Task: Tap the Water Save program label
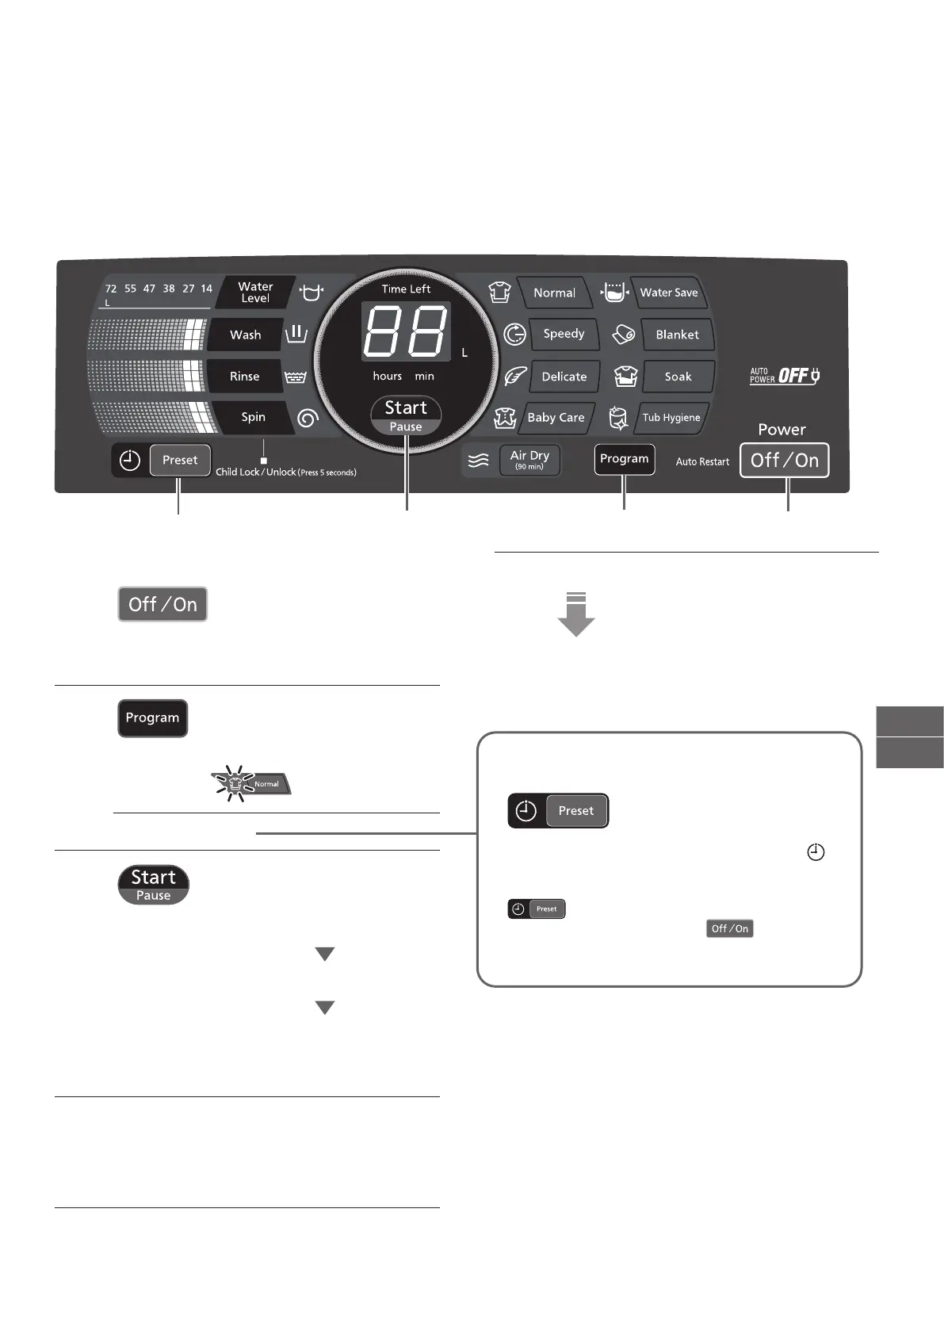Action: coord(669,293)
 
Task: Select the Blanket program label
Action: coord(677,335)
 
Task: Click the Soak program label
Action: coord(678,377)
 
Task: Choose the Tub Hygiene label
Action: coord(671,418)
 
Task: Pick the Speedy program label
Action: coord(564,334)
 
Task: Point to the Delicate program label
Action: coord(564,377)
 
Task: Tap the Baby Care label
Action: coord(556,418)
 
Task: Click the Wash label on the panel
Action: coord(245,335)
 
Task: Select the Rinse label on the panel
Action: coord(244,377)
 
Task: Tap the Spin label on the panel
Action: coord(253,417)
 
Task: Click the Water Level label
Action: coord(255,293)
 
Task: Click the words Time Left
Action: coord(406,289)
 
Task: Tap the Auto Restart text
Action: coord(702,461)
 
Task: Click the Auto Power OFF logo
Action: coord(785,376)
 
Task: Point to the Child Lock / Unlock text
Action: coord(286,472)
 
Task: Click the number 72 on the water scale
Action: coord(111,289)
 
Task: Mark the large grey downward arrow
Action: coord(576,615)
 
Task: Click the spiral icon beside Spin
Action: coord(308,418)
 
